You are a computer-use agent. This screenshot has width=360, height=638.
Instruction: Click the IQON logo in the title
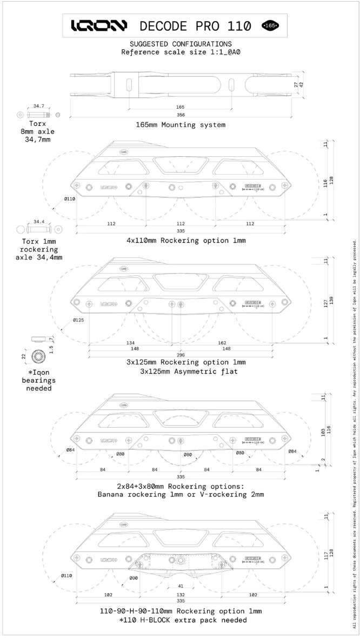click(x=99, y=25)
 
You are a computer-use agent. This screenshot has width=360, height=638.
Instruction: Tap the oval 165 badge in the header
click(x=270, y=25)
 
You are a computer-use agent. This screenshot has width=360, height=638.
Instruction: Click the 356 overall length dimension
click(x=181, y=115)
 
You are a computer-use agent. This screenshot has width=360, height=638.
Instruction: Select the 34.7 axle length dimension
click(x=38, y=107)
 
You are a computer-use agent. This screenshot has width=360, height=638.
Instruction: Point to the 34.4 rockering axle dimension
click(x=39, y=222)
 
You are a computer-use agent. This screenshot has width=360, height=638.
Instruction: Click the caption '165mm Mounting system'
click(x=181, y=124)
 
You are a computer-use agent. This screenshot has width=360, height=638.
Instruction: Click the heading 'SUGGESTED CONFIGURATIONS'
click(x=181, y=44)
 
